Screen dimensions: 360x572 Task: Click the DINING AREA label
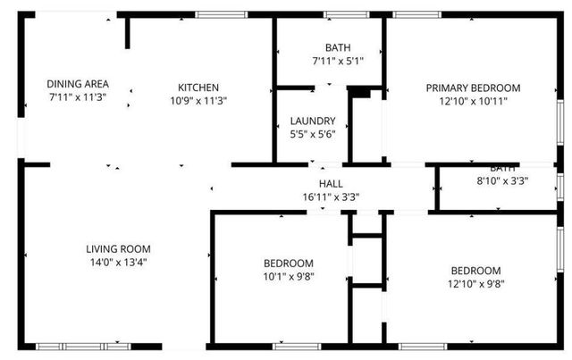(x=78, y=84)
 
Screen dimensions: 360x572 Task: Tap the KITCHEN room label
(x=198, y=88)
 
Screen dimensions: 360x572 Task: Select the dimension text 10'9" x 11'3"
(x=198, y=100)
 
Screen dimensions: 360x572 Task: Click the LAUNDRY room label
(x=313, y=121)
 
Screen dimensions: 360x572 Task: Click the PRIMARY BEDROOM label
(x=473, y=88)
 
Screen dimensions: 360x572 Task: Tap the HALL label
(x=331, y=183)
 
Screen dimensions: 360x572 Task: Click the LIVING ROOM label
(x=118, y=249)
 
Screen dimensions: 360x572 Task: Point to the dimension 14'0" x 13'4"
(x=118, y=262)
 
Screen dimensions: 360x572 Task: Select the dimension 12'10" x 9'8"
(x=475, y=283)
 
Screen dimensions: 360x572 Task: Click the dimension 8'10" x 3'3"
(x=502, y=180)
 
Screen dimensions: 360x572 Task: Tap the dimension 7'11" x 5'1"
(x=338, y=61)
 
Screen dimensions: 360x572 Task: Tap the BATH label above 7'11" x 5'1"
(x=338, y=48)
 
